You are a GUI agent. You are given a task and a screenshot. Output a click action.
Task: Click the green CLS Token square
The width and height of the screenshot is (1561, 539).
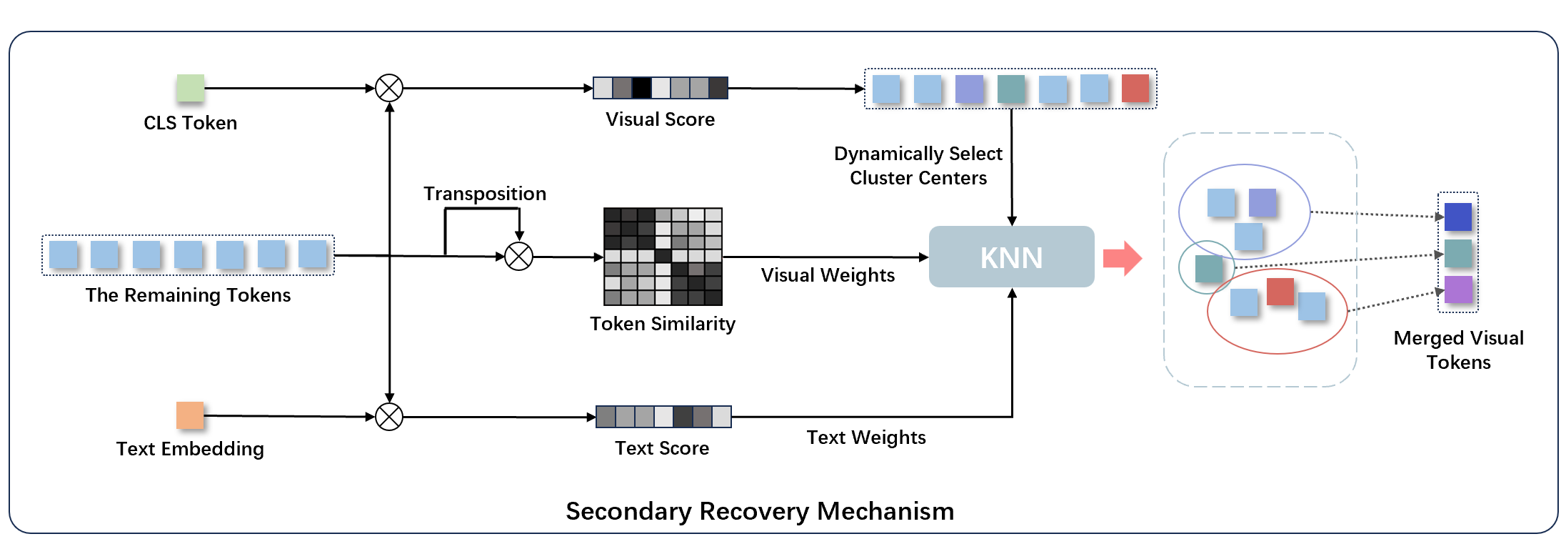coord(191,88)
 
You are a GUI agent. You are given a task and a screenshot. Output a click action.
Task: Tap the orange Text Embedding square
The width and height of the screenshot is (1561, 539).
coord(190,415)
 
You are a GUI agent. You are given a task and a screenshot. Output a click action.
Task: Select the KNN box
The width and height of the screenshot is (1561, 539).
coord(1011,257)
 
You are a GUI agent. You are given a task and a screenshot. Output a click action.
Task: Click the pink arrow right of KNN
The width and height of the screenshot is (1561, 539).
coord(1122,258)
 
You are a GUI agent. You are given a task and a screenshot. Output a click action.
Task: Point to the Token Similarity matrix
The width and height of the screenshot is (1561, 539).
coord(663,257)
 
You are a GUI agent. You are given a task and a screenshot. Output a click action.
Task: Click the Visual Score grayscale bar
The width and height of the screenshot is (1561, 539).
coord(660,88)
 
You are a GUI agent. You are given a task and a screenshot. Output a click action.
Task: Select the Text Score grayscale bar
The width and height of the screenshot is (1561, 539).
coord(663,417)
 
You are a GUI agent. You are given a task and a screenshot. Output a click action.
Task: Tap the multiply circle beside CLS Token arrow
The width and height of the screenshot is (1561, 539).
coord(389,89)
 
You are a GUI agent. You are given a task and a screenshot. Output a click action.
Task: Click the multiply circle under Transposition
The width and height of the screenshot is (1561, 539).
coord(519,256)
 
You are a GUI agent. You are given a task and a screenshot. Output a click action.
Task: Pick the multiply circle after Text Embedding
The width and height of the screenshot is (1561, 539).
coord(389,417)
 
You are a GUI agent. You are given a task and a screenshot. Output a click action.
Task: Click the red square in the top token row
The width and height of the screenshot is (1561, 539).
coord(1135,89)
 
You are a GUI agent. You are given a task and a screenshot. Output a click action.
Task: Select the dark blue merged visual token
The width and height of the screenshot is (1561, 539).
coord(1457,217)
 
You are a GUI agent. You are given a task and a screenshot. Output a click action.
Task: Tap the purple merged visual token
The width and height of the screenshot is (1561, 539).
coord(1457,290)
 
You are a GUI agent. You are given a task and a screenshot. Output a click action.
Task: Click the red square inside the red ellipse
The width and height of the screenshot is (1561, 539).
coord(1280,292)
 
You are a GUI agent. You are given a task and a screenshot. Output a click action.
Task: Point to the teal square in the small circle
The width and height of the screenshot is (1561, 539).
coord(1208,269)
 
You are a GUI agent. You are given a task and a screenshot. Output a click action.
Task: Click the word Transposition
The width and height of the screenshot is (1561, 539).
coord(484,194)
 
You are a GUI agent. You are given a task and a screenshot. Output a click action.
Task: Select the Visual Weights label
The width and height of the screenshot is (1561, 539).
coord(827,275)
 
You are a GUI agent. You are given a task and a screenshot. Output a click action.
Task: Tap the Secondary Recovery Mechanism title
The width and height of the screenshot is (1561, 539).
coord(760,511)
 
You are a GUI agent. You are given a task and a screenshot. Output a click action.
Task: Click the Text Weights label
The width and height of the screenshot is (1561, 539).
coord(865,437)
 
